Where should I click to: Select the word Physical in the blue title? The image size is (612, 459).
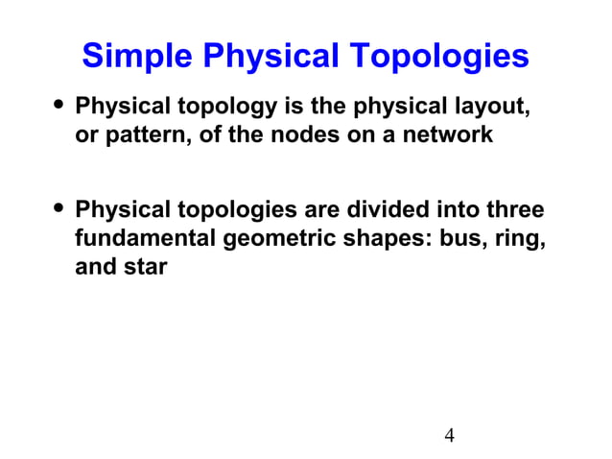(x=267, y=56)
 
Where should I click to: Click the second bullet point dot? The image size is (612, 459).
(x=60, y=208)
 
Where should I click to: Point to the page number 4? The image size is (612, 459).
(x=449, y=437)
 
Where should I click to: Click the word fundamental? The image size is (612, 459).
(x=145, y=238)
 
